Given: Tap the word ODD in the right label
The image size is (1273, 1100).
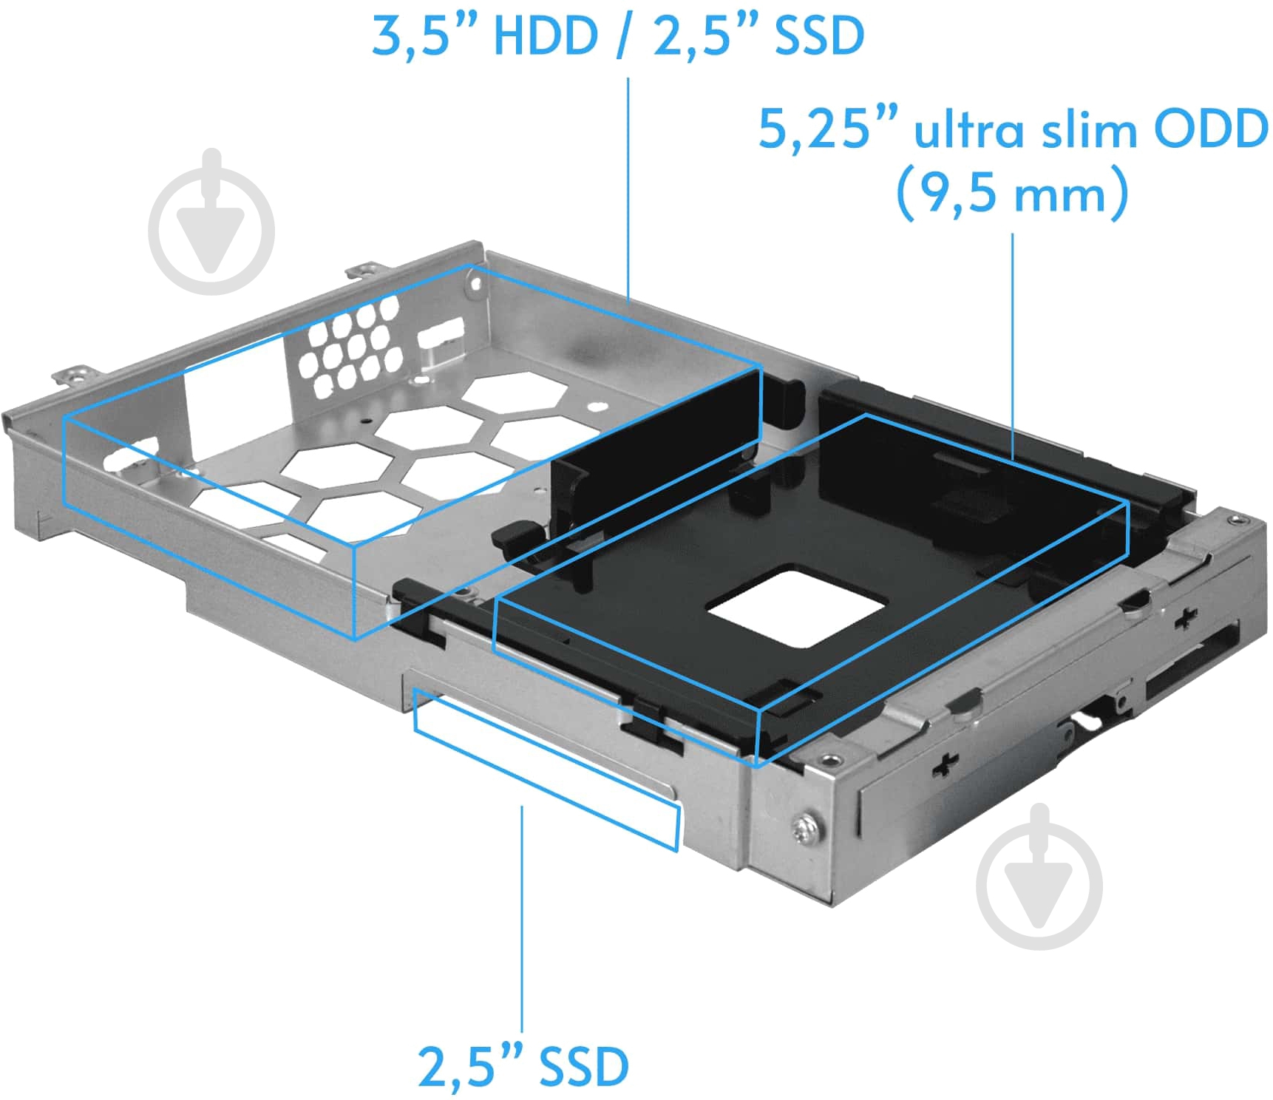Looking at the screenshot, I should pos(1210,129).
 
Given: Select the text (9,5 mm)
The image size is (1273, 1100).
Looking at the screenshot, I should pos(1012,193).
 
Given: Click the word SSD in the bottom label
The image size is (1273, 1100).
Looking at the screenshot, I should pos(584,1067).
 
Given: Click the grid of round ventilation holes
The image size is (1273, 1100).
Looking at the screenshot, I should pos(349,345).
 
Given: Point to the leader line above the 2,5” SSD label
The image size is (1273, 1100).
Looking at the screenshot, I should pos(522,917).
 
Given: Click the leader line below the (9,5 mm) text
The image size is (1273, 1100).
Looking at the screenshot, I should pos(1012,340).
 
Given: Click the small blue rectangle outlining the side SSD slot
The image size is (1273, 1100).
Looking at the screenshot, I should pos(546,770).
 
